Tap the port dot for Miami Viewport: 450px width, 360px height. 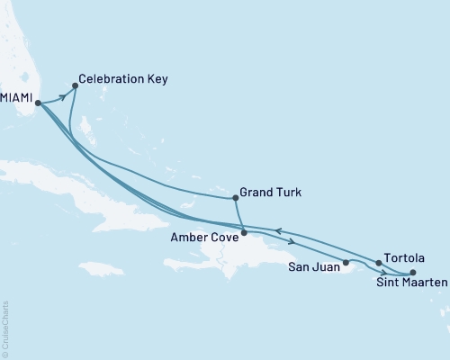tap(37, 103)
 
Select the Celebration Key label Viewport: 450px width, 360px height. tap(122, 79)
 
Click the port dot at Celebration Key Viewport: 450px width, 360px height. tap(75, 86)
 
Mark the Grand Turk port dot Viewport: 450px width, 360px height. tap(235, 196)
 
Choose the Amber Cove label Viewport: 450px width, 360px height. tap(204, 238)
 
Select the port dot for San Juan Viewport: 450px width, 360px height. tap(346, 263)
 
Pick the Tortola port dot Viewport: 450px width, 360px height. tap(378, 263)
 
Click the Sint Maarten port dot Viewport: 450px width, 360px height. tap(413, 273)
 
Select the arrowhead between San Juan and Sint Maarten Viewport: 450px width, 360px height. tap(384, 273)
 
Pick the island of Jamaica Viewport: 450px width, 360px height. tap(102, 268)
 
